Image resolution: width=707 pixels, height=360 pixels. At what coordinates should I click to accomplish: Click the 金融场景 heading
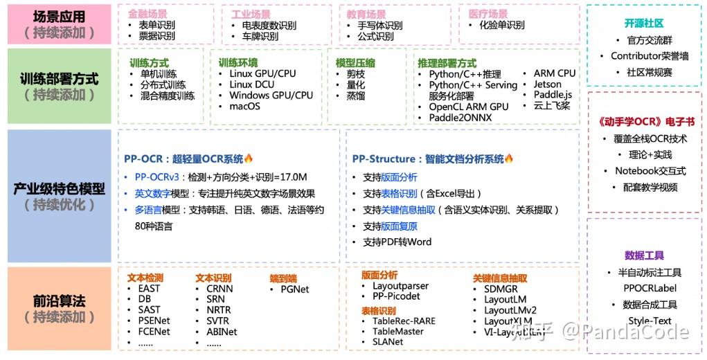coord(147,14)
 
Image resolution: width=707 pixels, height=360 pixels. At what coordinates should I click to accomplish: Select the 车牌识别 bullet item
coord(260,36)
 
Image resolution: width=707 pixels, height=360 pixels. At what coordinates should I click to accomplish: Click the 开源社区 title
coord(643,23)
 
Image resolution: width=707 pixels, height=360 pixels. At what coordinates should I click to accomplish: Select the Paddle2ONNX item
coord(460,117)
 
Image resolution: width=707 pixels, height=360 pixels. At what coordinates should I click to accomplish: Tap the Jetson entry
coord(547,84)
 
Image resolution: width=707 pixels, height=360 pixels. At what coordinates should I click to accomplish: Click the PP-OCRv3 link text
coord(159,177)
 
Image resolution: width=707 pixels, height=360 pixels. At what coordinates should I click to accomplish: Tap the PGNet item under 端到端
coord(294,289)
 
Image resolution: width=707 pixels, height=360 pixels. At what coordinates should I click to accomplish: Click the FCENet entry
coord(154,331)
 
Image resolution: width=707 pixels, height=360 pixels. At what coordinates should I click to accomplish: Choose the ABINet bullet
coord(222,331)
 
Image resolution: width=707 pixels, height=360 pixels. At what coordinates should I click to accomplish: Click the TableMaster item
coord(398,331)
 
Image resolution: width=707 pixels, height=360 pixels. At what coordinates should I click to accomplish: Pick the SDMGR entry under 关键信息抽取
coord(501,289)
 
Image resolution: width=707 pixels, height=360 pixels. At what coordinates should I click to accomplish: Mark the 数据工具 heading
coord(644,255)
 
